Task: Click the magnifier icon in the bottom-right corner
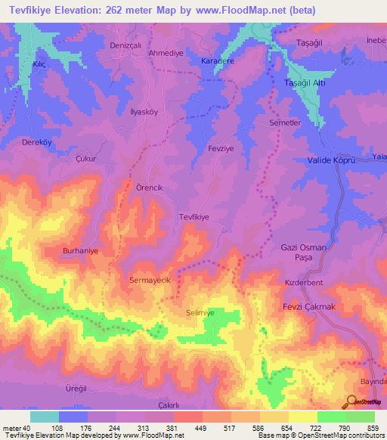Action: (351, 401)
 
